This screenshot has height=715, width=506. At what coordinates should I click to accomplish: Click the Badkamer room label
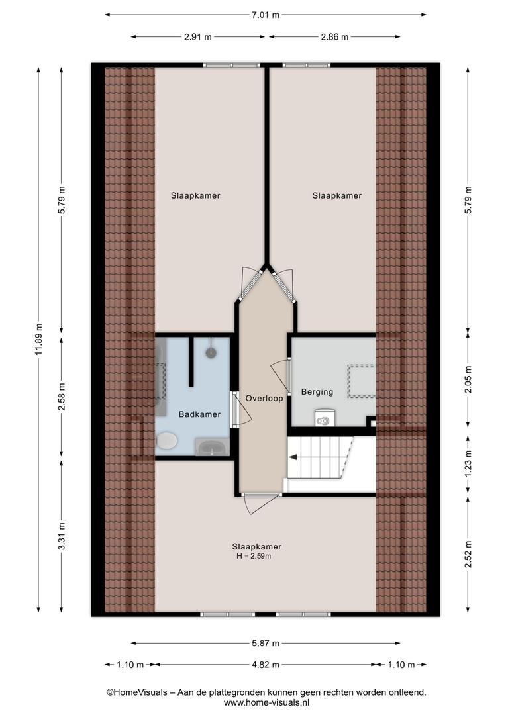pos(199,414)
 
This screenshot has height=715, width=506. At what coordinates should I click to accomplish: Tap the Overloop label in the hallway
pos(264,398)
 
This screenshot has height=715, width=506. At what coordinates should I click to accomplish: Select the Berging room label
pos(317,392)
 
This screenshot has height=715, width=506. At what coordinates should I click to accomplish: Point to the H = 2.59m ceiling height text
pos(254,556)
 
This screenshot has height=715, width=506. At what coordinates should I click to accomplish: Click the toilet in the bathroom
pos(166,441)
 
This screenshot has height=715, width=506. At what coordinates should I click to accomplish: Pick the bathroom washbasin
pos(213,447)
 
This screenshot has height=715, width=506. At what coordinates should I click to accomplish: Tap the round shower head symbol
pos(211,352)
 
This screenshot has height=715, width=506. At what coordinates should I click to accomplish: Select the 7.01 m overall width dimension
pos(265,15)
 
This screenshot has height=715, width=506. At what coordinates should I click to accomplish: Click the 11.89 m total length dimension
pos(39,339)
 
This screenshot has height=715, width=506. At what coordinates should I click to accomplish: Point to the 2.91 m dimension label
pos(198,37)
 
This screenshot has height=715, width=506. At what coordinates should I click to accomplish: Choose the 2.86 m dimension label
pos(334,37)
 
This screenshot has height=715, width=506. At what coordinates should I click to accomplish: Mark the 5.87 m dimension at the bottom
pos(266,643)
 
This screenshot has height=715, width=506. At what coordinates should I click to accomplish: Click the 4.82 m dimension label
pos(266,665)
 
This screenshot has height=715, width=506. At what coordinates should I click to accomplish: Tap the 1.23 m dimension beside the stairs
pos(468,464)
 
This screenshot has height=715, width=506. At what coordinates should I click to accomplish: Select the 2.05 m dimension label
pos(468,379)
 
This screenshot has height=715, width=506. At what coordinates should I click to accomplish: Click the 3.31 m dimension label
pos(62,536)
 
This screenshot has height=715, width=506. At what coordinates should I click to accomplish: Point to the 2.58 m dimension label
pos(62,397)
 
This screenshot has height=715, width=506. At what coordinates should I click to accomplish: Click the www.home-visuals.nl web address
pos(266,702)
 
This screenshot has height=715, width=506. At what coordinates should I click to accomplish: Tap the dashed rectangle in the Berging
pos(362,381)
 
